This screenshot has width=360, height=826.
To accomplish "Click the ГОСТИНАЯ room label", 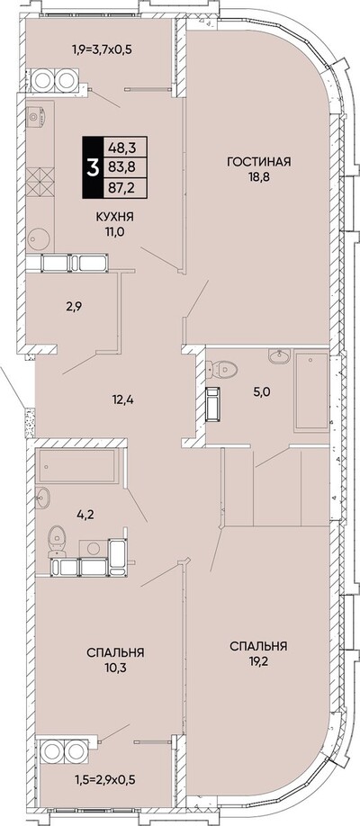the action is coord(259,161).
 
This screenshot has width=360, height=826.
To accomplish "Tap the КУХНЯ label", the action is coord(114,217).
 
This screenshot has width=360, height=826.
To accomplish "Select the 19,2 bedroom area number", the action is coord(258,660).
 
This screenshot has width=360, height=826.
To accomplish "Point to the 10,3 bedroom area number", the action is coord(115,668).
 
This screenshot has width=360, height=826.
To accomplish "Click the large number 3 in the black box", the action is coord(94,167).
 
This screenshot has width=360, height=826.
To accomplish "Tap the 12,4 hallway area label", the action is coord(122,400).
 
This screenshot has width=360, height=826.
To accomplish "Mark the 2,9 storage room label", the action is coord(73,306).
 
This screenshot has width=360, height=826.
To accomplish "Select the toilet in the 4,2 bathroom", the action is coord(57,542).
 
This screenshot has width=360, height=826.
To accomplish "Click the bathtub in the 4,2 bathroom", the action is coord(77,466).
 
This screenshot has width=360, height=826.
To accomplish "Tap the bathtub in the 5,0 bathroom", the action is coord(311,391).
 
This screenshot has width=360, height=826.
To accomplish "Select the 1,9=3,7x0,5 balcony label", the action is coord(102,50).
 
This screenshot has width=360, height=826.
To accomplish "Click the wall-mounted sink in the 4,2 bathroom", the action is coord(42,498).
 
